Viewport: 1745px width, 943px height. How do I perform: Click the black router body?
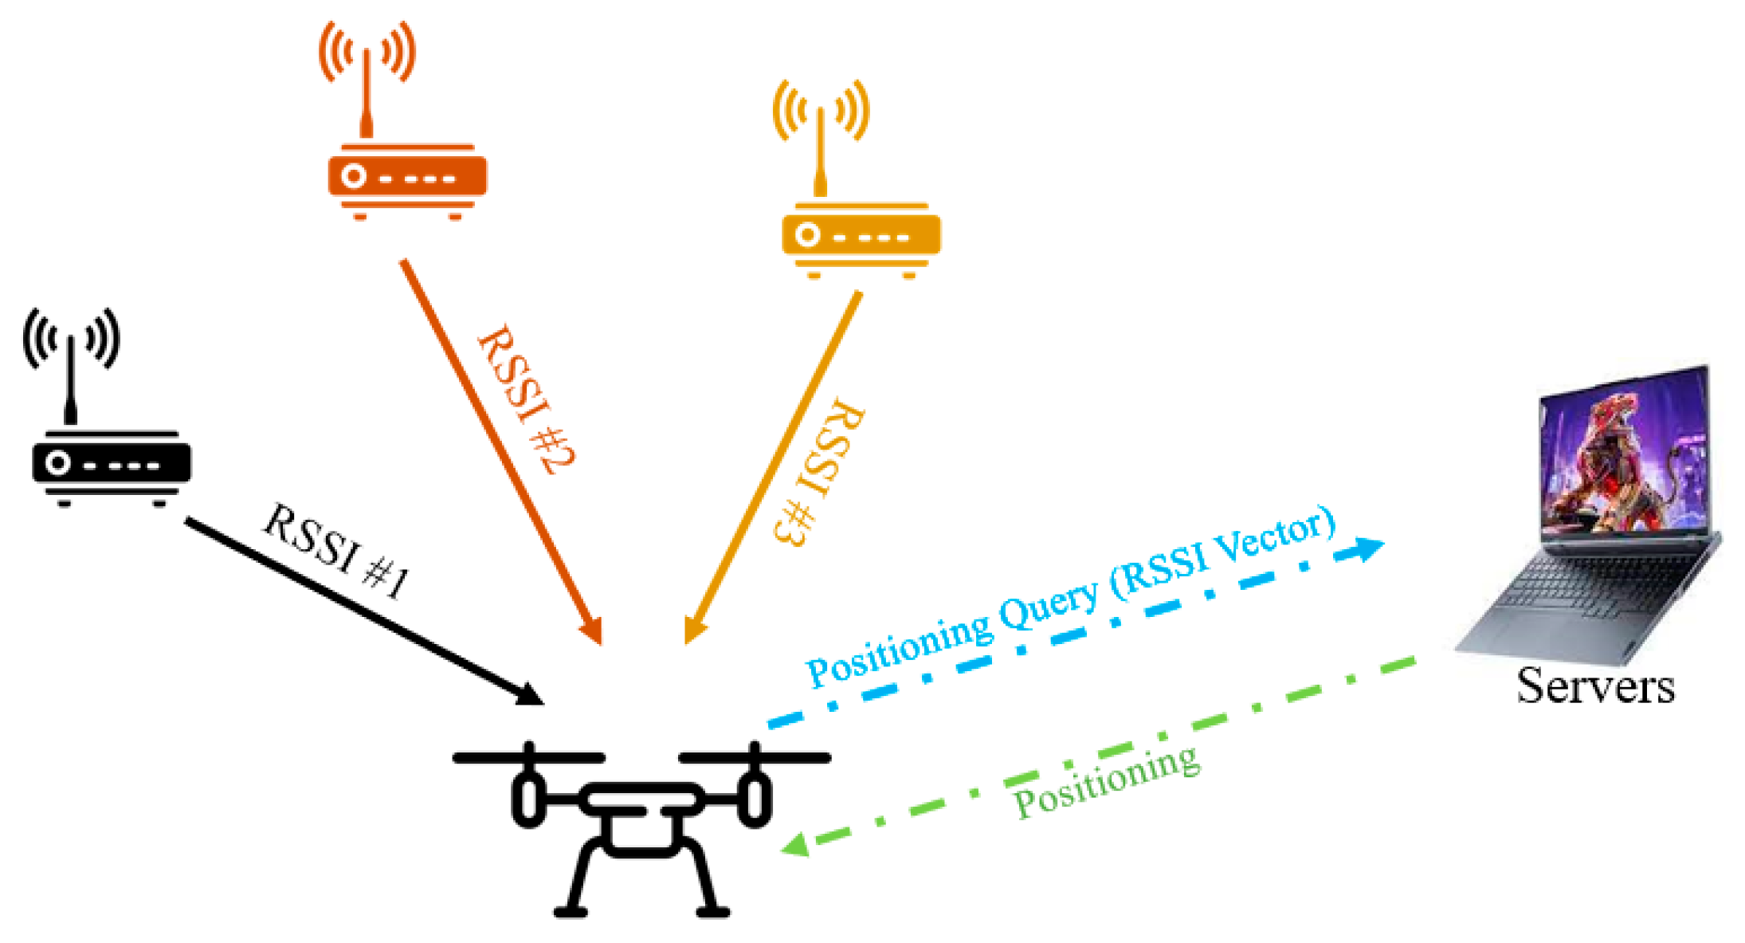point(112,463)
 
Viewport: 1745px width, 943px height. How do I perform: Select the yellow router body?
point(861,236)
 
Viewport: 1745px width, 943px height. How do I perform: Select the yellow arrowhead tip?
point(691,633)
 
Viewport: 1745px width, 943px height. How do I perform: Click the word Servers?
point(1595,686)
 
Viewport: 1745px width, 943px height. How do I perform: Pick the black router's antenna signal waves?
point(71,339)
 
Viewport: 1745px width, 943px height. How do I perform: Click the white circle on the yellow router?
point(807,235)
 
